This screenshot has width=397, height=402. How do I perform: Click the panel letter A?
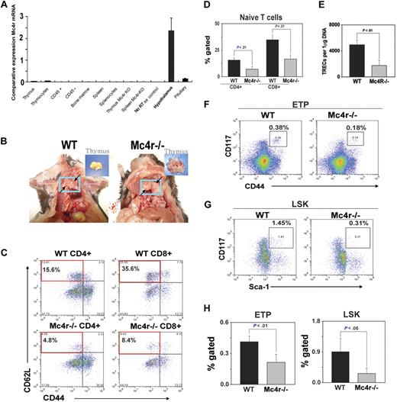pyautogui.click(x=6, y=7)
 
